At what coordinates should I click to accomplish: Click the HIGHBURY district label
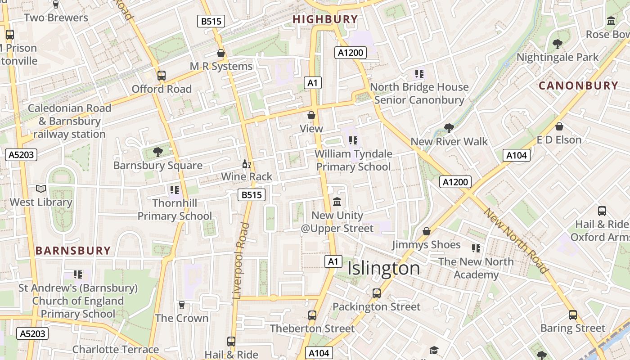[325, 19]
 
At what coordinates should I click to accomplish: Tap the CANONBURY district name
[578, 85]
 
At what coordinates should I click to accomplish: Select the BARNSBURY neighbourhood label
[73, 251]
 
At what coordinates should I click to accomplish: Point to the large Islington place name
[384, 269]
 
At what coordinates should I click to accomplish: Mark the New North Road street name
[516, 241]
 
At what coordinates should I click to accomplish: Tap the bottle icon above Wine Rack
[246, 164]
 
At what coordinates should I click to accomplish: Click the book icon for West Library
[41, 189]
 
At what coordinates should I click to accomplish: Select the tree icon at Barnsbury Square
[157, 152]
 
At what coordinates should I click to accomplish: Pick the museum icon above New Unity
[337, 202]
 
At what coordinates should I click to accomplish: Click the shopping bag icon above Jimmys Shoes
[426, 231]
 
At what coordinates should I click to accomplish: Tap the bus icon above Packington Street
[377, 293]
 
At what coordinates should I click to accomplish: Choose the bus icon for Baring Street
[572, 315]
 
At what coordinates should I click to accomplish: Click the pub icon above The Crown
[182, 305]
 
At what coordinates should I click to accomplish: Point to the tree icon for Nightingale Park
[557, 44]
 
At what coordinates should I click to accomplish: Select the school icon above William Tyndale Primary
[353, 140]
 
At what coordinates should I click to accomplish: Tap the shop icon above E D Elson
[559, 126]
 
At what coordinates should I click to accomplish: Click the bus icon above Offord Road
[161, 76]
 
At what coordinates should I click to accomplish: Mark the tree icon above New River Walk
[449, 128]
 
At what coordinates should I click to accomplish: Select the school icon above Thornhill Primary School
[175, 190]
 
